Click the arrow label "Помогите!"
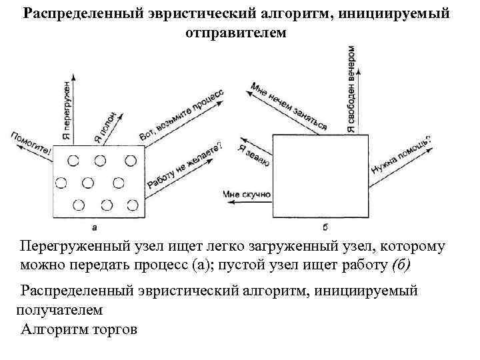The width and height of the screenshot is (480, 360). (x=30, y=142)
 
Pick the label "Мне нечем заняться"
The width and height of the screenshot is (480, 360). (x=289, y=105)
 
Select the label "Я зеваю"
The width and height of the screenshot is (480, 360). (x=253, y=155)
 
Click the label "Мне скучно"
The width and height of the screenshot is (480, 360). (x=247, y=194)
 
